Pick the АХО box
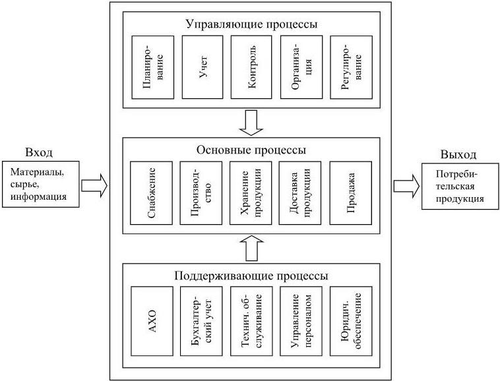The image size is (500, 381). coord(152,321)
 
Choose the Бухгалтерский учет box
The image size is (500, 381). coord(201,321)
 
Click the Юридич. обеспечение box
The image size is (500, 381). coord(351,321)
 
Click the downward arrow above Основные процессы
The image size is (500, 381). coord(251,121)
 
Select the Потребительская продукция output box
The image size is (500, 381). coord(460,187)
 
